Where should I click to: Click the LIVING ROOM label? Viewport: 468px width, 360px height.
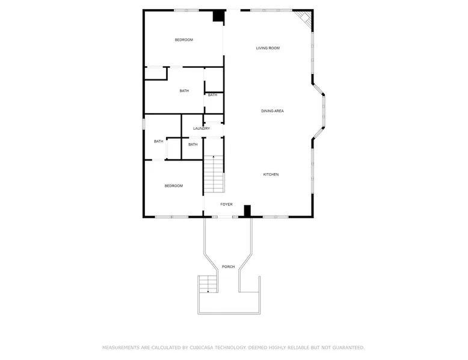tap(268, 48)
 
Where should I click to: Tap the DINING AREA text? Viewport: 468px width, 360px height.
tap(272, 111)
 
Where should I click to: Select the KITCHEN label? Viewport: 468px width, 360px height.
tap(271, 174)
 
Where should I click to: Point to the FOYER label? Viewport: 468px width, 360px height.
tap(226, 204)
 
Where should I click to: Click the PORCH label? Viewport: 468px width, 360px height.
tap(229, 267)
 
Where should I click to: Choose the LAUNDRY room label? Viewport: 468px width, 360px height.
tap(202, 129)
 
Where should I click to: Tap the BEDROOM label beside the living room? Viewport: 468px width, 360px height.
tap(184, 40)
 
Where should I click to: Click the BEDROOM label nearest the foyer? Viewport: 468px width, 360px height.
tap(174, 186)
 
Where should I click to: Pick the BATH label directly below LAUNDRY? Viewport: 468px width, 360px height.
tap(193, 144)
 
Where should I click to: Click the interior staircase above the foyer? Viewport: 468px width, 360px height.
tap(214, 174)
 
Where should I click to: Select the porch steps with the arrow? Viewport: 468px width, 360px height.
tap(208, 284)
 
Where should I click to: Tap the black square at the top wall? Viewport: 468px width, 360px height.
tap(218, 16)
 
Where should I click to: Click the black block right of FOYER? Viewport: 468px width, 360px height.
tap(247, 210)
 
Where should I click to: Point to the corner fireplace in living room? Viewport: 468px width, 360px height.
tap(305, 17)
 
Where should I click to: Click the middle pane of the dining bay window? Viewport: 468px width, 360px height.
tap(324, 112)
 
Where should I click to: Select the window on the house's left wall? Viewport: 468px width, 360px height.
tap(144, 124)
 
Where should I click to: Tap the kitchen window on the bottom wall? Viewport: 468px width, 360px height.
tap(276, 217)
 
